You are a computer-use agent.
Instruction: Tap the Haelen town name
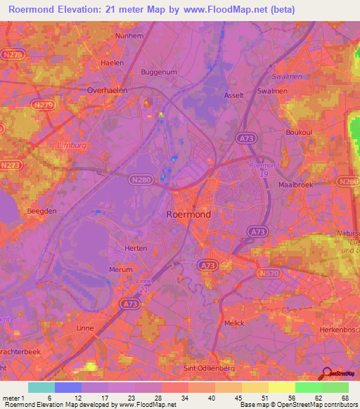[x=112, y=63]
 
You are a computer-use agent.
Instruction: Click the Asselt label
[x=233, y=96]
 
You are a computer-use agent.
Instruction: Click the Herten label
[x=135, y=248]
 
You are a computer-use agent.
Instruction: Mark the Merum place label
[x=121, y=269]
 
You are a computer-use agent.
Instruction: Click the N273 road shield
[x=11, y=165]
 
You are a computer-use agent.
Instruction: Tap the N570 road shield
[x=268, y=272]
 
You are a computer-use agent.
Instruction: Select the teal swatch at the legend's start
[x=41, y=387]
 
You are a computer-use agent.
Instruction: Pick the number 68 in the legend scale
[x=345, y=398]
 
